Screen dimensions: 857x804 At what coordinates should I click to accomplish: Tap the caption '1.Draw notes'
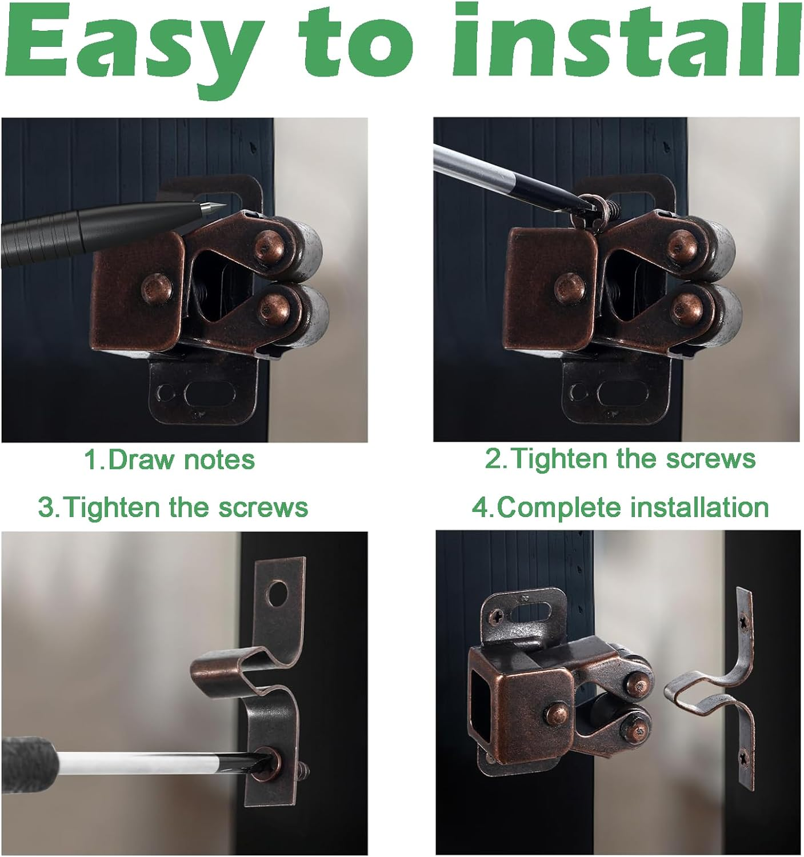pyautogui.click(x=169, y=460)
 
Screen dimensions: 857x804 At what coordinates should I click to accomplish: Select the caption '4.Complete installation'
pyautogui.click(x=620, y=507)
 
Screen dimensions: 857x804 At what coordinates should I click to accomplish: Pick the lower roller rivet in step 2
pyautogui.click(x=687, y=309)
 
